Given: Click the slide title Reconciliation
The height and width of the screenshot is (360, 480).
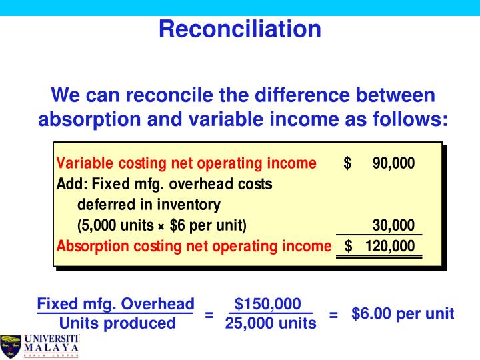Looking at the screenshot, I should (x=240, y=28).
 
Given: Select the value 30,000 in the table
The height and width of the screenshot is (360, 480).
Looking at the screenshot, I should (x=393, y=225).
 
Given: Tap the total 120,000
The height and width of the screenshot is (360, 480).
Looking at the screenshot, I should (x=389, y=246).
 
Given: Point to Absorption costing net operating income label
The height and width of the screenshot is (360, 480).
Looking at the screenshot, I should (x=194, y=246).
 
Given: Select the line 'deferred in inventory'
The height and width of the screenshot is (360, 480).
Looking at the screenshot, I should (x=149, y=204).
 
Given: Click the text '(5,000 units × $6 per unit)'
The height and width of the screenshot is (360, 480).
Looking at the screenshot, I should (x=162, y=225).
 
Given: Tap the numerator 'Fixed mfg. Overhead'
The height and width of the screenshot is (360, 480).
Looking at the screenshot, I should (x=116, y=303).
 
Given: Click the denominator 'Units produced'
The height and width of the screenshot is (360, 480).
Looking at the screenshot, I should (x=117, y=324).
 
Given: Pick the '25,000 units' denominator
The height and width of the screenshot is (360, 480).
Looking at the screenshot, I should (x=271, y=324).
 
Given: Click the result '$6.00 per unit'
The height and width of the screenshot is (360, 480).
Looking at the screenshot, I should (x=403, y=313).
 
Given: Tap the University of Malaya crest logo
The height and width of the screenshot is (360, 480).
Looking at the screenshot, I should (x=11, y=346).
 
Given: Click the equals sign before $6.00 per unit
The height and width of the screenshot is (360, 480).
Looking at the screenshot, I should (x=334, y=314).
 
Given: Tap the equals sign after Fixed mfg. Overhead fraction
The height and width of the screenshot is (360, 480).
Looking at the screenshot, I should (x=209, y=314).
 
